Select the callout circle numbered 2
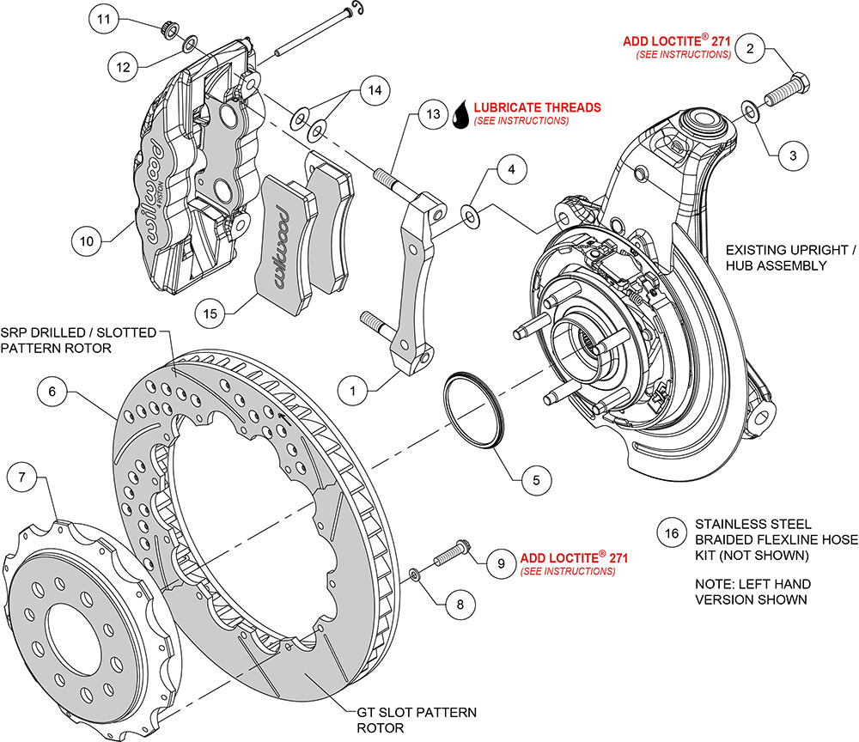(x=751, y=49)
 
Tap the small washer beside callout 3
(x=750, y=110)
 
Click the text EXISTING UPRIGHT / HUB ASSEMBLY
(x=790, y=258)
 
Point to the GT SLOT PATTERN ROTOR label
(x=417, y=720)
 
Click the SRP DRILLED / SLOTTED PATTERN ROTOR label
(x=78, y=339)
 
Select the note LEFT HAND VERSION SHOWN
(x=752, y=592)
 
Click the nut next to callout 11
(x=170, y=32)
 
